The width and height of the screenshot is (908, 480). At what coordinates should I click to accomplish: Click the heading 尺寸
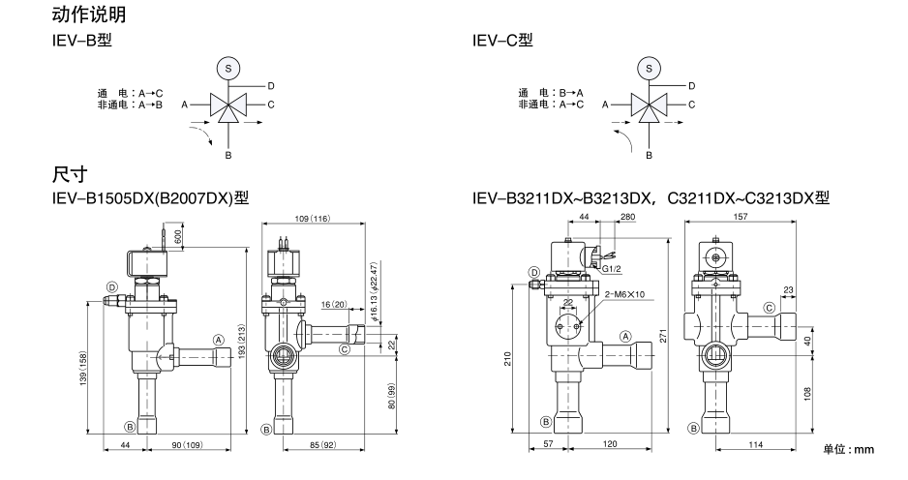pyautogui.click(x=70, y=174)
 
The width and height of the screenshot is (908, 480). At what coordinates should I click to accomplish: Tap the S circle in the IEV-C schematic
pyautogui.click(x=650, y=69)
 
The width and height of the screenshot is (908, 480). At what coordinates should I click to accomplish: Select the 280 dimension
pyautogui.click(x=627, y=219)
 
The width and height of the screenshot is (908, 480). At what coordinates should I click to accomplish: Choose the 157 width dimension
pyautogui.click(x=741, y=219)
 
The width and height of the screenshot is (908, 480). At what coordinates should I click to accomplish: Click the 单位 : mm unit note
pyautogui.click(x=848, y=449)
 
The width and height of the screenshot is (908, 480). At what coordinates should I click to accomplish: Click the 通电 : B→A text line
pyautogui.click(x=549, y=93)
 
